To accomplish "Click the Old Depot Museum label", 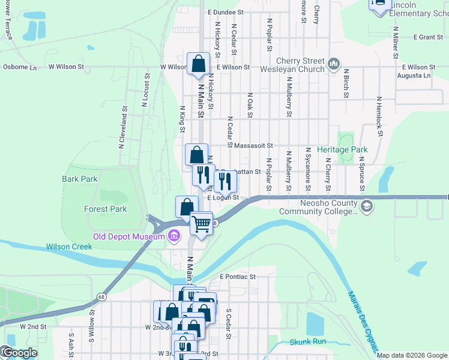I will point(128,236).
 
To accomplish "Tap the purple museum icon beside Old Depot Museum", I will point(174,235).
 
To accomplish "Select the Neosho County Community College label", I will point(318,207).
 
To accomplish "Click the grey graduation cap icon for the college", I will point(367,207).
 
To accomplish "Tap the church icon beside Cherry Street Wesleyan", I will point(334,63).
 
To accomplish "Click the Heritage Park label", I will point(342,149).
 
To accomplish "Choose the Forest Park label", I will point(106,209).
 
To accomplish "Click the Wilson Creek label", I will point(69,247).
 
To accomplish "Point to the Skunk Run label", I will point(307,341).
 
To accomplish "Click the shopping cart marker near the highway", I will point(202,224).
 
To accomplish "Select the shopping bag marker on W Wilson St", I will point(198,64).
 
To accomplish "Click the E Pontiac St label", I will point(238,277).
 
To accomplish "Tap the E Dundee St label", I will point(226,12).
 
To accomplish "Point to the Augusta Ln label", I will point(417,76).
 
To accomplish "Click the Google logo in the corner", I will point(19,353).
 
